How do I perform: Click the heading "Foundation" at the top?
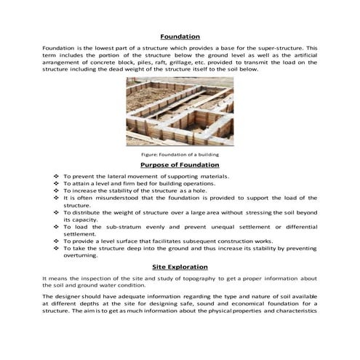tap(180, 36)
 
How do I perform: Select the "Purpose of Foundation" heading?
tap(180, 165)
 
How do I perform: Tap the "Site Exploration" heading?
tap(180, 267)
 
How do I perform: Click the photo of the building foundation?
tap(180, 111)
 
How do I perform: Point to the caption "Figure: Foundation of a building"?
tap(180, 154)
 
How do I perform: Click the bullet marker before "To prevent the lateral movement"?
tap(57, 177)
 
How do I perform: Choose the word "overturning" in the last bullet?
tap(83, 255)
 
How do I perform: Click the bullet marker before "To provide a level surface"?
tap(57, 240)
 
